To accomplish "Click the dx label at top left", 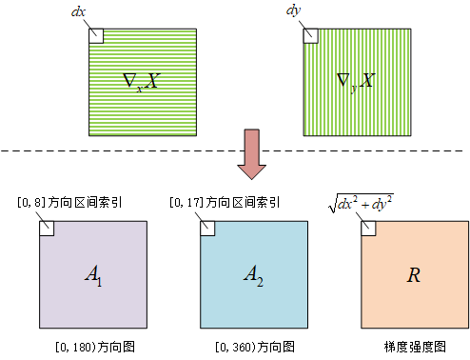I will point(78,12).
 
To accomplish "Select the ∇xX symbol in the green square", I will point(142,79).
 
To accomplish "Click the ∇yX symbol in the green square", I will point(357,79).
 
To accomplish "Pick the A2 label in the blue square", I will point(252,275).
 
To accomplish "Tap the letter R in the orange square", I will point(414,275).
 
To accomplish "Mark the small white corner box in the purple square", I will point(46,229).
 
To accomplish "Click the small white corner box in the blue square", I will point(206,229).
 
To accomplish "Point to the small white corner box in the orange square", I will point(368,229).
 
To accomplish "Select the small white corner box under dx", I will point(94,35).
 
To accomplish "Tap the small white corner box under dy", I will point(310,35).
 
